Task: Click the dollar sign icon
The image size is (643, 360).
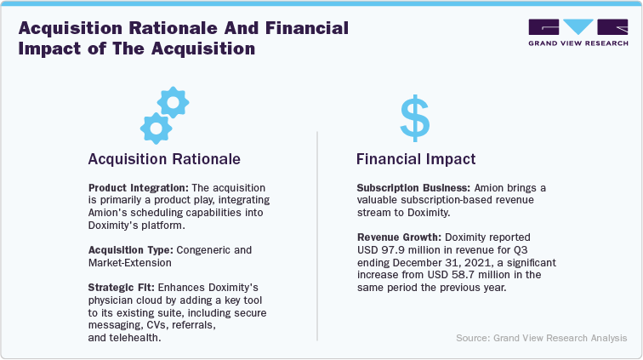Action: click(x=416, y=118)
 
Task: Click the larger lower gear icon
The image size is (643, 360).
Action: click(x=155, y=128)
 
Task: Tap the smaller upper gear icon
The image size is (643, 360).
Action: click(x=174, y=102)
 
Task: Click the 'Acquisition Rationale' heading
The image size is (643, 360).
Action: click(x=165, y=158)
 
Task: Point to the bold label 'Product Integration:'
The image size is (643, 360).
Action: click(x=128, y=186)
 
